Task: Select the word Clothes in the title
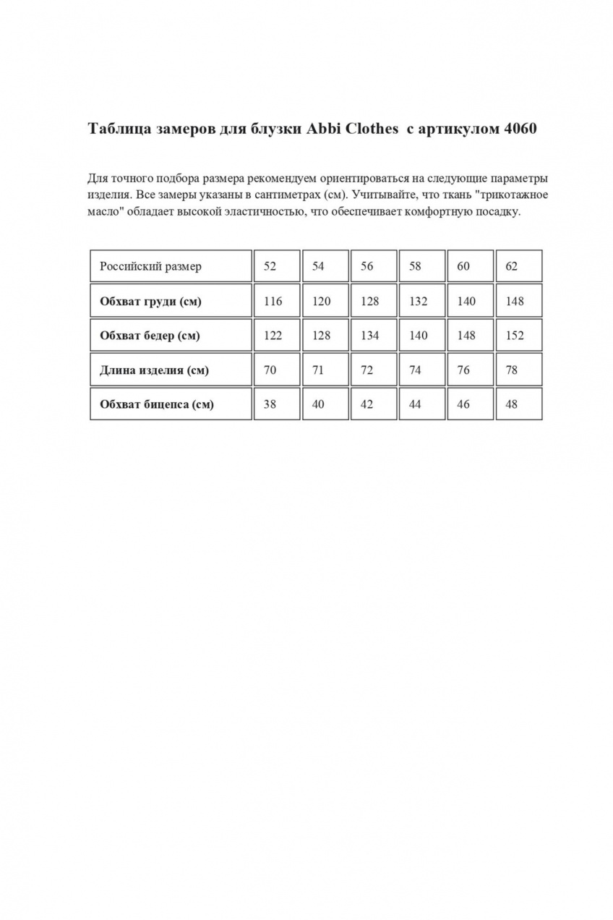(x=373, y=129)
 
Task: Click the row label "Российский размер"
(x=150, y=266)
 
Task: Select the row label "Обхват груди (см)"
(x=150, y=301)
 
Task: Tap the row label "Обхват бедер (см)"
(x=150, y=336)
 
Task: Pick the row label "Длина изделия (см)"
(x=154, y=370)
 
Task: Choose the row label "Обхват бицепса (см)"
(x=157, y=404)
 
